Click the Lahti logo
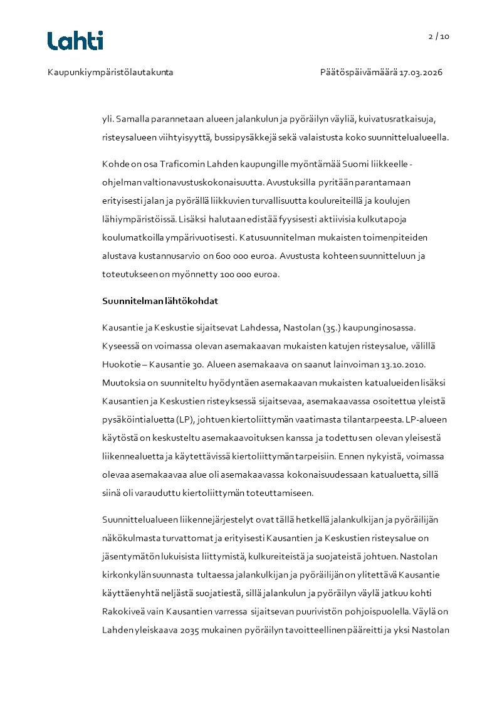(x=75, y=41)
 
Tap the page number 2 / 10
(x=439, y=36)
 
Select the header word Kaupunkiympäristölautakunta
(x=110, y=73)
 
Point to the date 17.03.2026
(x=421, y=73)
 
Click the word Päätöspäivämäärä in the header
(x=358, y=73)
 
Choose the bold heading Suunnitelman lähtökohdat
(x=160, y=301)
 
